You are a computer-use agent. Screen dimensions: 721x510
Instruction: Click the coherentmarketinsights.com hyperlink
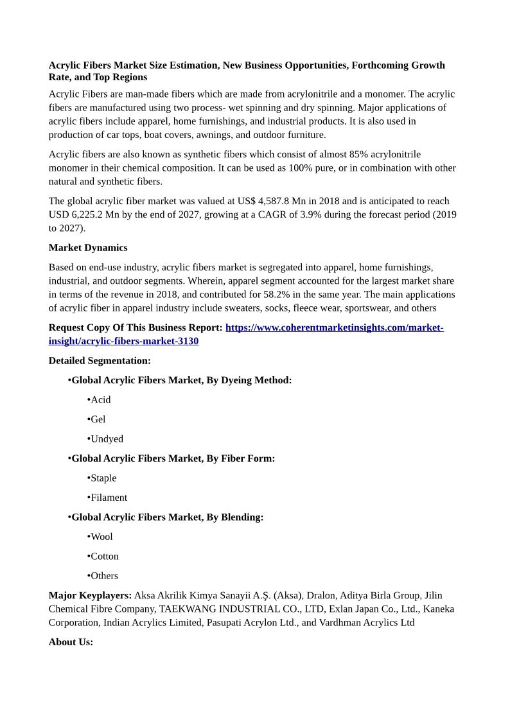coord(334,327)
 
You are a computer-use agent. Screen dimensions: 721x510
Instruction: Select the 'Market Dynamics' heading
coord(88,248)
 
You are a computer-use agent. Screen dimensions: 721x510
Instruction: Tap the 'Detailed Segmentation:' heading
coord(100,361)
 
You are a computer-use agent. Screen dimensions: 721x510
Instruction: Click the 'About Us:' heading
coord(71,642)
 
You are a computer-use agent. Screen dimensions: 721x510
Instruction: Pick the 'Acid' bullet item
coord(100,400)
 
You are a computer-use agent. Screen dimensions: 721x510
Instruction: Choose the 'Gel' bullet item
coord(98,419)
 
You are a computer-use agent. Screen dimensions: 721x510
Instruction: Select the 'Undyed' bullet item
coord(107,439)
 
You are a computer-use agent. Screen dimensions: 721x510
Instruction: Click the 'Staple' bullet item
coord(103,478)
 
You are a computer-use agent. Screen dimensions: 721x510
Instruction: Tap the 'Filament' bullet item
coord(109,498)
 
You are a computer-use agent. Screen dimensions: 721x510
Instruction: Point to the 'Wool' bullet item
coord(101,537)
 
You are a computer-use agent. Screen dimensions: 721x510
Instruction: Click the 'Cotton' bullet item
coord(104,556)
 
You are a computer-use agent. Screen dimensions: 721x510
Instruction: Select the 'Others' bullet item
coord(104,576)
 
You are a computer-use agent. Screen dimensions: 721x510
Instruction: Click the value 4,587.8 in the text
coord(273,201)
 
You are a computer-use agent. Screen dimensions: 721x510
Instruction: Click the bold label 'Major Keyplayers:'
coord(90,596)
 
